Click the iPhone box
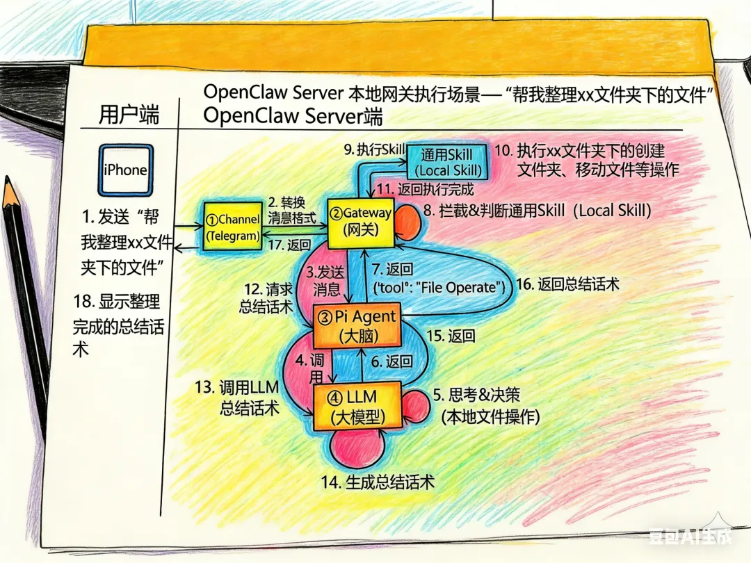pos(126,170)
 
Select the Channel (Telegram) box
pos(233,227)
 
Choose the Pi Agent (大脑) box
pos(357,325)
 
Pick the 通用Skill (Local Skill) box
pos(447,162)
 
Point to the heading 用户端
pos(129,115)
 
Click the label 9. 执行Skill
pos(375,150)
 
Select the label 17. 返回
pos(289,245)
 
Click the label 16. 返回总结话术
pos(567,284)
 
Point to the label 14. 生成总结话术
pos(378,482)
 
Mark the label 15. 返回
pos(451,336)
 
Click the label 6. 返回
pos(391,361)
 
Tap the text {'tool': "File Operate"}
pos(439,287)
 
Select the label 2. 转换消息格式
pos(291,210)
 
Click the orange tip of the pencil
pos(10,192)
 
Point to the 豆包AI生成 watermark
pos(691,536)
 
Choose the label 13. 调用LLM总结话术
pos(237,398)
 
